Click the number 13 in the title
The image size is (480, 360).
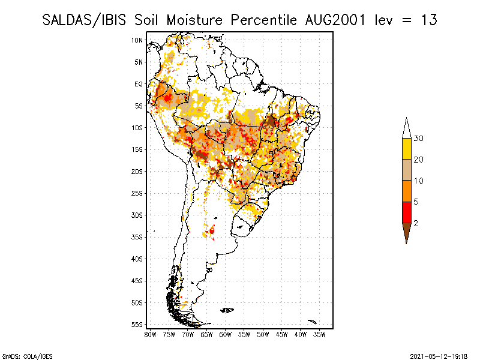coord(428,20)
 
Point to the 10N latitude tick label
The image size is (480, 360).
coord(137,40)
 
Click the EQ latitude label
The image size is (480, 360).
coord(139,84)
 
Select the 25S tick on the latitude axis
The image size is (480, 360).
coord(137,193)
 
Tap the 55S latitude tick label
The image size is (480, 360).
coord(137,325)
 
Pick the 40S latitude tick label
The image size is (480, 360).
coord(137,259)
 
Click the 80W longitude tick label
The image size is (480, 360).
coord(151,334)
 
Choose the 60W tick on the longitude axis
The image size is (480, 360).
coord(226,334)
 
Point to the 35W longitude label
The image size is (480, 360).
coord(319,334)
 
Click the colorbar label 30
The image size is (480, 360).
coord(419,139)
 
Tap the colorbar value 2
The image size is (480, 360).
coord(416,223)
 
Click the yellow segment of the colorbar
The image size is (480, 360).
coord(406,149)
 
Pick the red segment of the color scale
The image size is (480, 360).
coord(406,212)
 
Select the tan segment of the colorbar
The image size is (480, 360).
coord(406,170)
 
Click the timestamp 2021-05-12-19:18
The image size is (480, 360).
coord(439,356)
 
